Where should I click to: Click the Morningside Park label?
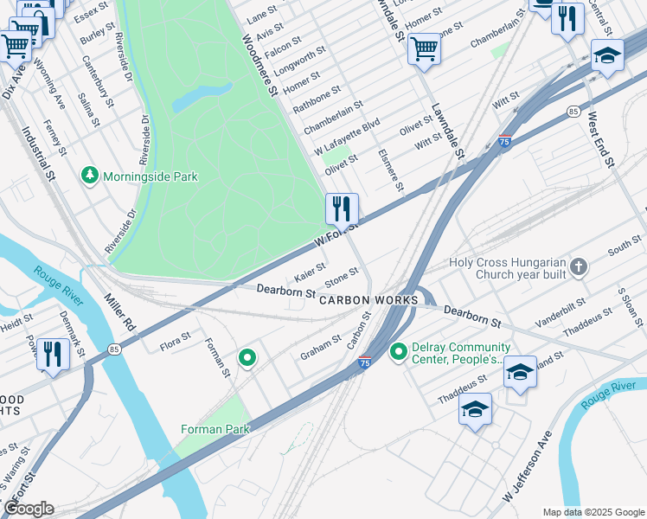coord(151,176)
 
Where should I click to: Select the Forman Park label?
coord(215,429)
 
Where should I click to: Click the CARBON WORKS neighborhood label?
coord(368,300)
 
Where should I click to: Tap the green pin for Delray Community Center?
coord(399,352)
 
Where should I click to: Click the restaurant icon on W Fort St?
coord(342,208)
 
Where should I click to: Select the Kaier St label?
coord(310,272)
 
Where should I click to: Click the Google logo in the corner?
coord(29,509)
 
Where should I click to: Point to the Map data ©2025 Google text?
coord(593,512)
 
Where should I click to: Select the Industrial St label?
coord(39,154)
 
